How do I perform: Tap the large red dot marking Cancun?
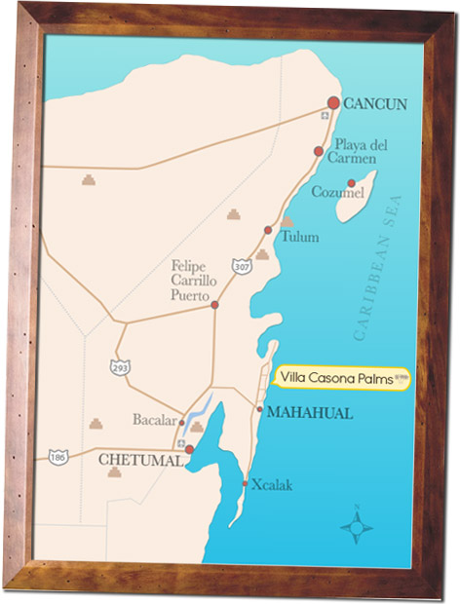(333, 102)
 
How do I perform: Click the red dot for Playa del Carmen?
(319, 151)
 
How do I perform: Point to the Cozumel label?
(337, 192)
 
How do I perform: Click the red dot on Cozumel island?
(351, 183)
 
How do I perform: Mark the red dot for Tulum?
(268, 230)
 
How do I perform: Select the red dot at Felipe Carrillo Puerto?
(214, 305)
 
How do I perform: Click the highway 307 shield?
(241, 265)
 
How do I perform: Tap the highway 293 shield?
(120, 367)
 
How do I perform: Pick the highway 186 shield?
(59, 456)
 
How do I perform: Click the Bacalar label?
(154, 422)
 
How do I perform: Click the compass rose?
(357, 527)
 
